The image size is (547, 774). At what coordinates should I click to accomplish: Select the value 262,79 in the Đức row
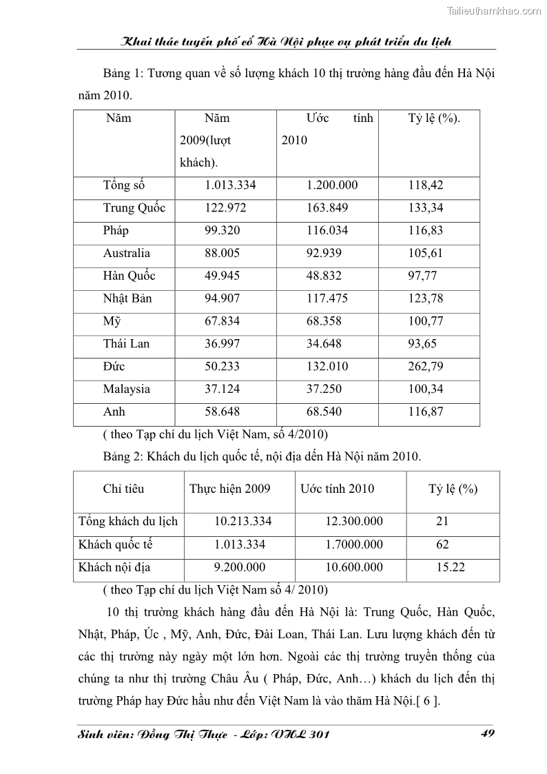(425, 366)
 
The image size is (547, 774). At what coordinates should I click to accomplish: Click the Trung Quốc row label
(134, 208)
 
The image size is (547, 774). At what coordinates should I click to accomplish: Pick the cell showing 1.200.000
(332, 185)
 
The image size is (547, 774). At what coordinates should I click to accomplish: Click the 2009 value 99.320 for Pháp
(223, 230)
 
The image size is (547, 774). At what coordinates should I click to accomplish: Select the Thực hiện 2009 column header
(230, 489)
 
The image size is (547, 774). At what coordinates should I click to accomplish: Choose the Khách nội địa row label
(114, 567)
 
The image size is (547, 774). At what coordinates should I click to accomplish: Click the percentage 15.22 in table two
(451, 567)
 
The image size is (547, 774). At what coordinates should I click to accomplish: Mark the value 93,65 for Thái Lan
(422, 343)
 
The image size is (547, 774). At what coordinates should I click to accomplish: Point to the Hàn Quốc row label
(130, 276)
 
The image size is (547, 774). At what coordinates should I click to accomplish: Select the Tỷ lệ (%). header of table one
(434, 119)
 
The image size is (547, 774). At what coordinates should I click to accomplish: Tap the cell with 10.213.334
(243, 521)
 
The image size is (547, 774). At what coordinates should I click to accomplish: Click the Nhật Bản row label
(128, 298)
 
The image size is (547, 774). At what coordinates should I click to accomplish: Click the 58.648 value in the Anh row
(223, 411)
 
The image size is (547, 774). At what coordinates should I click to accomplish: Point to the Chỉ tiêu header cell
(123, 489)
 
